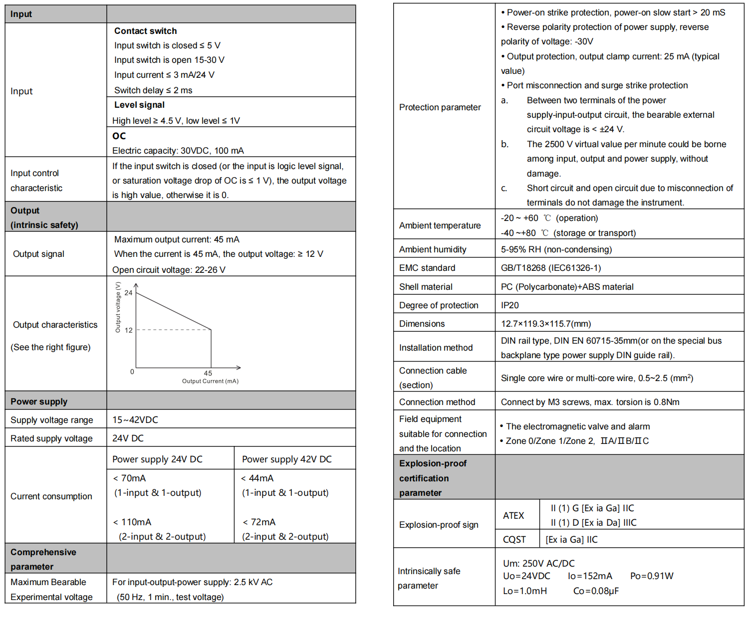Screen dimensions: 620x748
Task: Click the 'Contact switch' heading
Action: (145, 31)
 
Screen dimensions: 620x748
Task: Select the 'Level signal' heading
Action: (139, 105)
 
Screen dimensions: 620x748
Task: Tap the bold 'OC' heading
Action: (119, 136)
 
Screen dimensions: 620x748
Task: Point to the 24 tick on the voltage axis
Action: (129, 293)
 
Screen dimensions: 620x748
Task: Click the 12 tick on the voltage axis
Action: (129, 330)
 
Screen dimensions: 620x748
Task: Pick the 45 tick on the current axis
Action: (208, 373)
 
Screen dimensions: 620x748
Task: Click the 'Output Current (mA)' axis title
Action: (210, 381)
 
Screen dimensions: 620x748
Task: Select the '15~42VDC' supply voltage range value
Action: (135, 420)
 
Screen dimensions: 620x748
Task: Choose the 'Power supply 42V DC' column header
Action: (286, 459)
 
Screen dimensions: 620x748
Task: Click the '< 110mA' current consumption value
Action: (132, 522)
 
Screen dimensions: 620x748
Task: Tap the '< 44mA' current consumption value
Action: (257, 478)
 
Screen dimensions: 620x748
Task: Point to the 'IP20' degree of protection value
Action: (510, 305)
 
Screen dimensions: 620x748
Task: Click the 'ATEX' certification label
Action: (513, 515)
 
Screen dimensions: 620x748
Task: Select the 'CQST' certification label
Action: (514, 540)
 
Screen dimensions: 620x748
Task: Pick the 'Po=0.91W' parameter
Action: (652, 576)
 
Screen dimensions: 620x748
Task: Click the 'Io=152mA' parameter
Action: (590, 576)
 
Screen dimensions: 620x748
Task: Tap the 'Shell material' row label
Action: (426, 287)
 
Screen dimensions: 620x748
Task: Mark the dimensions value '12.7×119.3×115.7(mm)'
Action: (546, 324)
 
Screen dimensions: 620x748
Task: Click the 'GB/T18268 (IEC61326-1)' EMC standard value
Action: (551, 268)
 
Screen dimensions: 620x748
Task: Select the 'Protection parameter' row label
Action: (440, 107)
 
